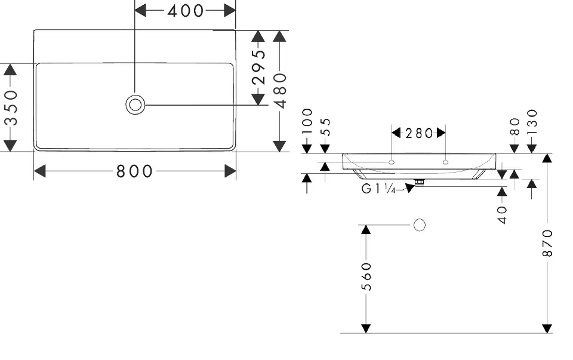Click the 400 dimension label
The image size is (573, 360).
click(185, 10)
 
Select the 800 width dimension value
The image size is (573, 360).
click(134, 171)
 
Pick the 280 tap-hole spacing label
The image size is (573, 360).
click(419, 133)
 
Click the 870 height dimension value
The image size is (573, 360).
click(547, 243)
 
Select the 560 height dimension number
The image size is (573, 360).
click(366, 276)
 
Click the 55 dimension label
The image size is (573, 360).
click(325, 127)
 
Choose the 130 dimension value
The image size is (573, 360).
click(532, 122)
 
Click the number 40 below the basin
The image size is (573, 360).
click(503, 214)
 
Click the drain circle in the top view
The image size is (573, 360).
click(135, 104)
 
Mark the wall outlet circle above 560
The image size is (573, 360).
click(420, 225)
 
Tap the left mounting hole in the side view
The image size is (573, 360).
click(392, 161)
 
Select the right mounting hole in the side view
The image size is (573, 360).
click(446, 161)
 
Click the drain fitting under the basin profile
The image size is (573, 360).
click(419, 181)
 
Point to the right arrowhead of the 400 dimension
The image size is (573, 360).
click(230, 10)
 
